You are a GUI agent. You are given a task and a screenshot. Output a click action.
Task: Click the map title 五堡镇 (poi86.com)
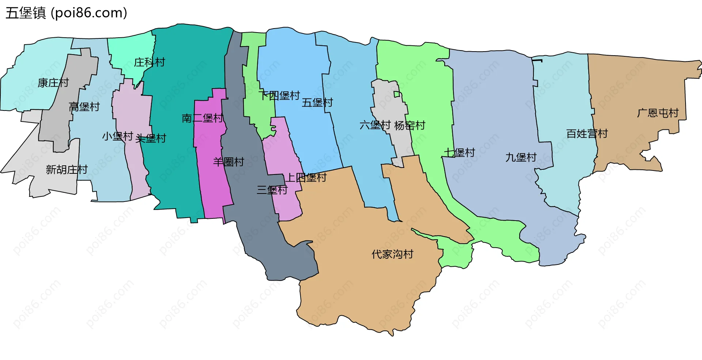pos(66,13)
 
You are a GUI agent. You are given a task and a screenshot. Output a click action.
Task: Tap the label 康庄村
pos(53,83)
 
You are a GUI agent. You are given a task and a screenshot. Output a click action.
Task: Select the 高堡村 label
pos(84,107)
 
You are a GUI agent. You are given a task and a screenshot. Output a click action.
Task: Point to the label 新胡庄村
pos(67,169)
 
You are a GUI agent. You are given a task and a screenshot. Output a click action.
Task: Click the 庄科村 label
pos(150,62)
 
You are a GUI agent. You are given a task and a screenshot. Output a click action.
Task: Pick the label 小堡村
pos(117,136)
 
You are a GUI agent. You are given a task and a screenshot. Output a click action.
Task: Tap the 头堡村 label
pos(151,138)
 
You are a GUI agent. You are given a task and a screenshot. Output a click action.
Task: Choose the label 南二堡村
pos(203,118)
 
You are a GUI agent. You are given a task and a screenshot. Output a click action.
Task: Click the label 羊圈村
pos(229,162)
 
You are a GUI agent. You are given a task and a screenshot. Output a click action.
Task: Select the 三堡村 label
pos(272,190)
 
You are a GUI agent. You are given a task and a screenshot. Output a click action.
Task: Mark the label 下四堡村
pos(279,96)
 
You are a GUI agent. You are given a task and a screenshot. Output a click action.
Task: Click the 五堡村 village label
pos(317,102)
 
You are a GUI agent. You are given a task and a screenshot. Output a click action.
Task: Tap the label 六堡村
pos(375,125)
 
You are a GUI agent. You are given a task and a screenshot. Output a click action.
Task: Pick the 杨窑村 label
pos(410,125)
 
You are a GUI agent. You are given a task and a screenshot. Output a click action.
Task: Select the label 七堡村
pos(460,152)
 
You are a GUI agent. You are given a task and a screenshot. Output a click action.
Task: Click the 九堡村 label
pos(521,157)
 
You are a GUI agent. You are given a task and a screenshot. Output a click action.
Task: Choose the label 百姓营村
pos(587,134)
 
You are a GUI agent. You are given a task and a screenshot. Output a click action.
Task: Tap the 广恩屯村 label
pos(658,113)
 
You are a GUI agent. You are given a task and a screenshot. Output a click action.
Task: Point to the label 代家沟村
pos(393,254)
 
